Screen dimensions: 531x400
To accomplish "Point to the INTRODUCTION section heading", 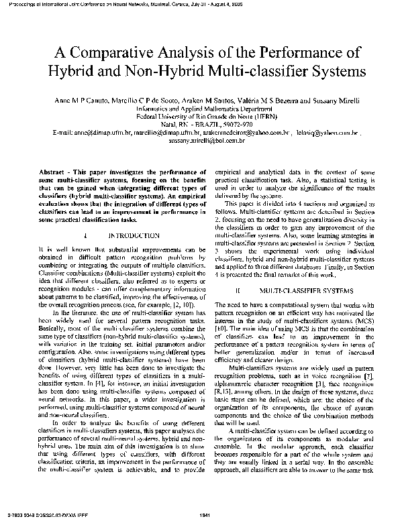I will click(x=134, y=236).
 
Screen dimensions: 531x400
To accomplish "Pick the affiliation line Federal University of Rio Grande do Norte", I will click(x=200, y=116).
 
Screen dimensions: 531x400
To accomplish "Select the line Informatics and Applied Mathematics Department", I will click(x=200, y=108).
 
